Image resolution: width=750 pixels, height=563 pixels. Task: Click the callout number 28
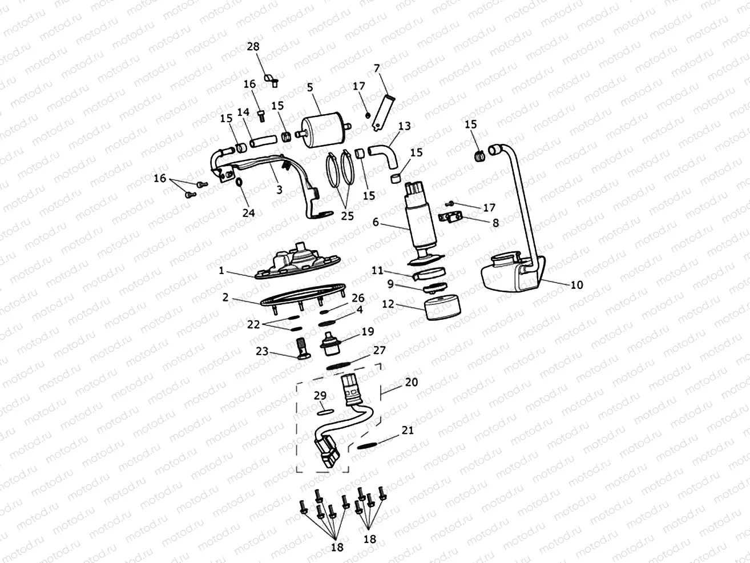point(253,46)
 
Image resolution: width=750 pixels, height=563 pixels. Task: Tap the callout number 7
point(376,68)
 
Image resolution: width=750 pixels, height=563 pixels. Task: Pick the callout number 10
point(576,284)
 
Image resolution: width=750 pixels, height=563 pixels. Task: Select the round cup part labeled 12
point(443,307)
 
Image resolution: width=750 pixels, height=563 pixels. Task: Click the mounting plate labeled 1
point(297,267)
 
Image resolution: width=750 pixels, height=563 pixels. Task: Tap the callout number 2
point(225,297)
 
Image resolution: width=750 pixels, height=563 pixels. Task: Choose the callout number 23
point(262,351)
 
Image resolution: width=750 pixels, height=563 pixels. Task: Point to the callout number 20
point(411,382)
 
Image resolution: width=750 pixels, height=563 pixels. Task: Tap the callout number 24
point(248,212)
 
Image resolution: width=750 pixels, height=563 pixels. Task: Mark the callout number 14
point(244,112)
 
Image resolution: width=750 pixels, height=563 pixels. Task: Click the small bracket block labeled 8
point(451,217)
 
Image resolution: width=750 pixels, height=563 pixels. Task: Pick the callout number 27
point(380,349)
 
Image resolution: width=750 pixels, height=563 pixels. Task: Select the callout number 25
point(348,215)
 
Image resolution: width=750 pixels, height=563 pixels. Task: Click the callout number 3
point(279,190)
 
